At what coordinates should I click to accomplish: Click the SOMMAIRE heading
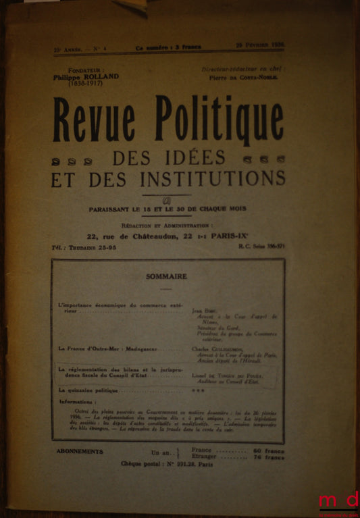pos(166,276)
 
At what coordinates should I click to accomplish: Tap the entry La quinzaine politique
pos(88,390)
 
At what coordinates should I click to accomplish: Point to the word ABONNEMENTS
pos(79,451)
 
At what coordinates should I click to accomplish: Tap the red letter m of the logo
pos(330,500)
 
